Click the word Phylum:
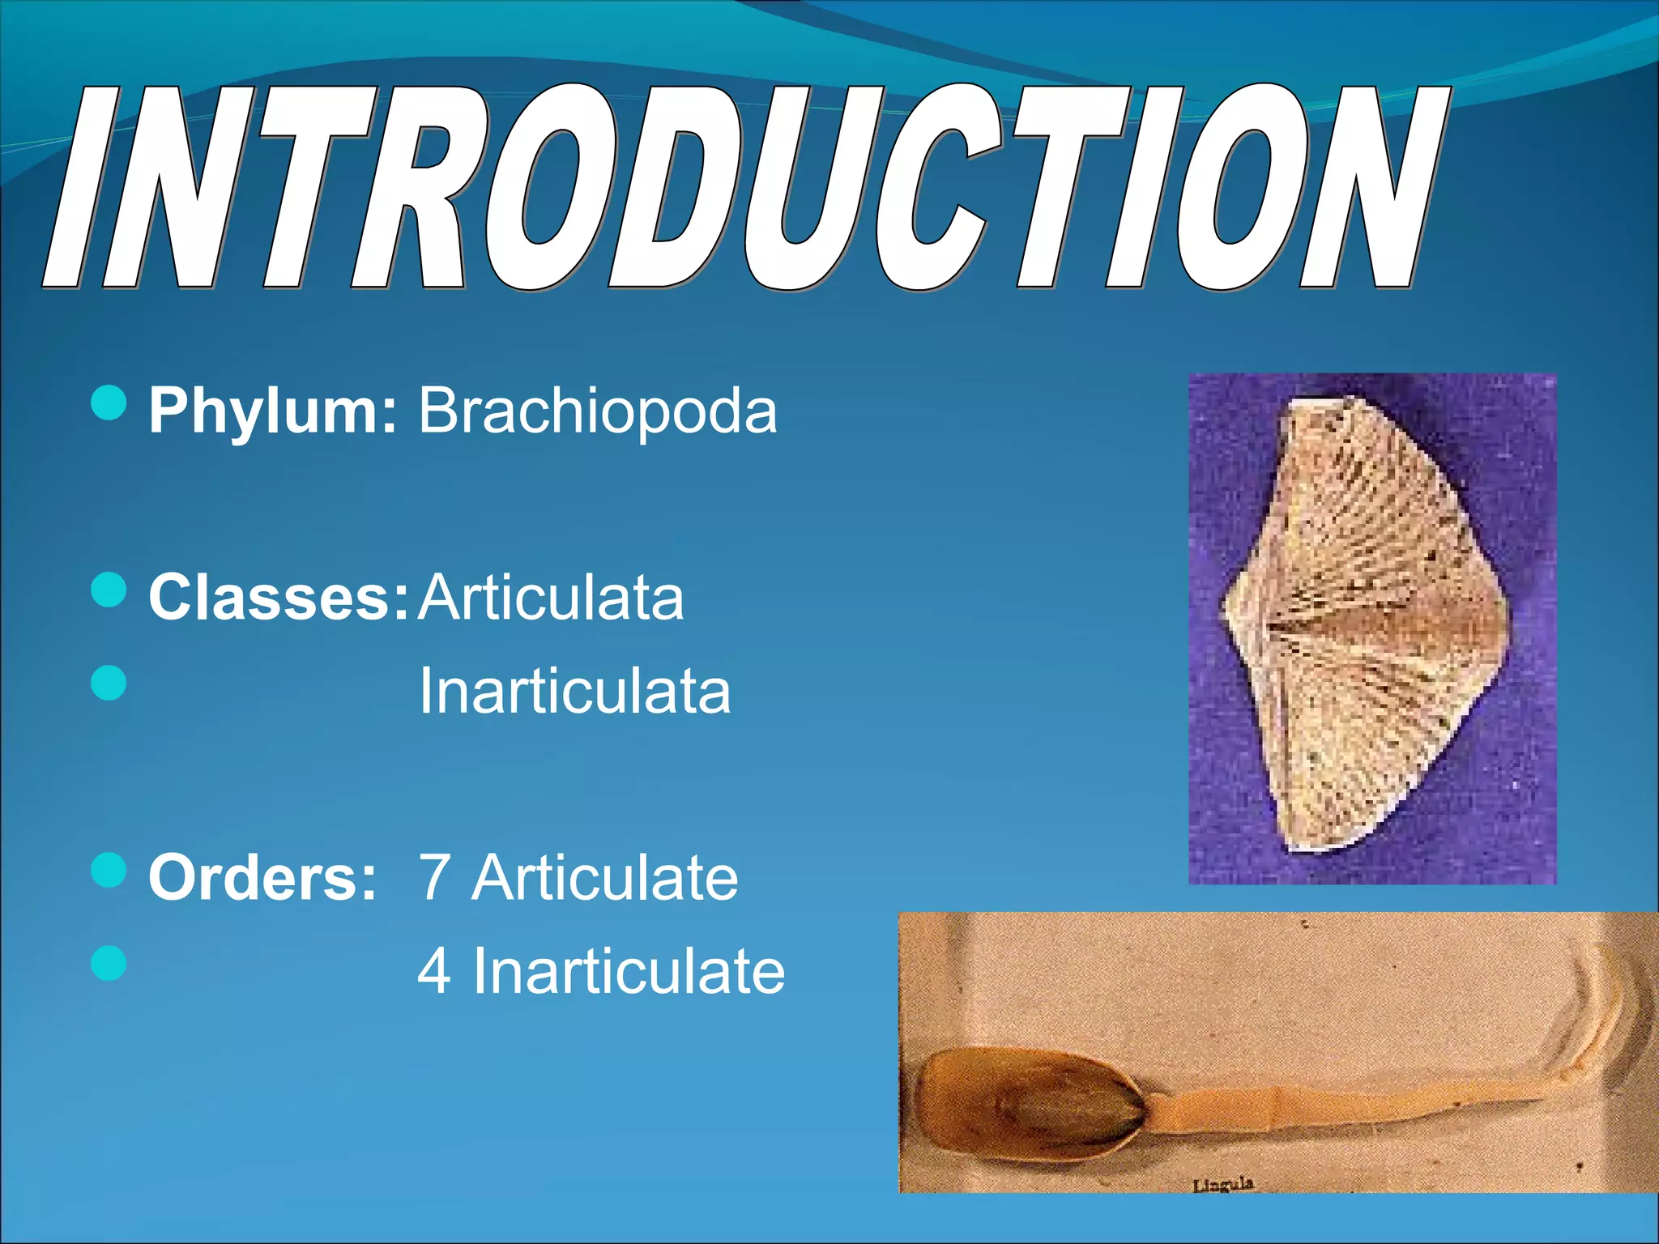tap(272, 412)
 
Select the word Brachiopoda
tap(597, 411)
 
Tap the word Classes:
tap(278, 598)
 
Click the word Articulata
tap(551, 598)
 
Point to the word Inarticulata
tap(574, 692)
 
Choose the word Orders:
tap(262, 878)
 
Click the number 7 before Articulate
tap(434, 878)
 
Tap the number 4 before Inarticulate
tap(434, 971)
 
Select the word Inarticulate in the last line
tap(629, 971)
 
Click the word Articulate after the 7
tap(605, 878)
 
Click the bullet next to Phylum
tap(109, 403)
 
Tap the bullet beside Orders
tap(109, 871)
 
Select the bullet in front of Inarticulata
tap(109, 683)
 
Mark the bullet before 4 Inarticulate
tap(109, 964)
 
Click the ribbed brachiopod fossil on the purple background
tap(1369, 624)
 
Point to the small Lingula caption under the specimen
tap(1222, 1185)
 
